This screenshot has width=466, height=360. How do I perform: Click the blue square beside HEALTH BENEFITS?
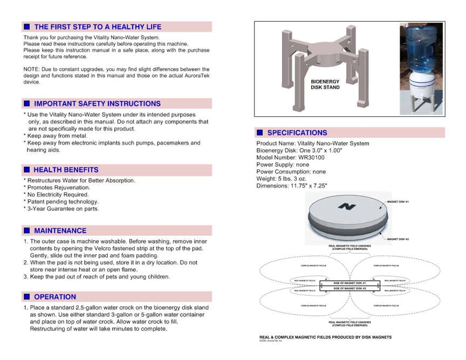coord(26,170)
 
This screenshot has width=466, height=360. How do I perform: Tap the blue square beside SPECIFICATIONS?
coord(260,133)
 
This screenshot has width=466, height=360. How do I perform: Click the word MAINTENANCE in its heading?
coord(60,231)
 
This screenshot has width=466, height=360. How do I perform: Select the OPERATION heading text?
coord(55,297)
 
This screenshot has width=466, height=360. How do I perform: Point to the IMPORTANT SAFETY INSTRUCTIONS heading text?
coord(97,103)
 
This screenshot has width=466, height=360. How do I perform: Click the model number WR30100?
coord(313,158)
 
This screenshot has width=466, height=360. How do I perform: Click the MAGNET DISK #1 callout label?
coord(399,202)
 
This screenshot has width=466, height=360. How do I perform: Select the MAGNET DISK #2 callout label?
coord(399,238)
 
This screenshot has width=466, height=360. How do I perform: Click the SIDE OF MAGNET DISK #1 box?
coord(349,283)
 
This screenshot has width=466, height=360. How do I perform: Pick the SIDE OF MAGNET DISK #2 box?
coord(349,289)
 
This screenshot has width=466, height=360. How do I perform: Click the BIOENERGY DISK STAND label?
coord(325,84)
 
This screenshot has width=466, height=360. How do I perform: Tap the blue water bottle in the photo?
coord(420,49)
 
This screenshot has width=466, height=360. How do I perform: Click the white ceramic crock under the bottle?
coord(422,89)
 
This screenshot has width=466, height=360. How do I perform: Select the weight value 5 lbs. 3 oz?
coord(294,179)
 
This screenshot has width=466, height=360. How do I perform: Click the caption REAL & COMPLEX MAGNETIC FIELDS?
coord(325,337)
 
